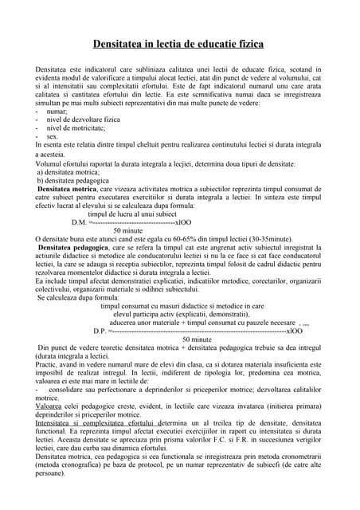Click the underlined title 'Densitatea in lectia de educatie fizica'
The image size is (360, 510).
coord(179,47)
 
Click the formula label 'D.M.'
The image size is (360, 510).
coord(81,222)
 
